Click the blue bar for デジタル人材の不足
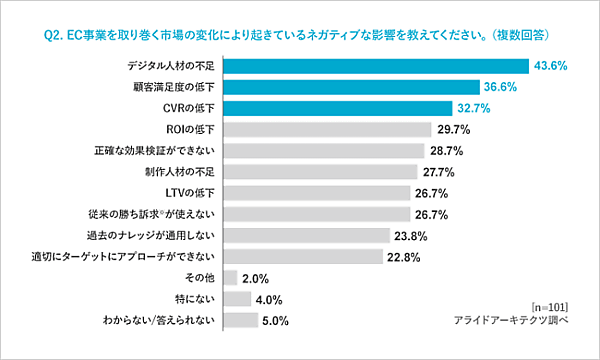tap(376, 66)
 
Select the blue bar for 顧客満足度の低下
tap(350, 87)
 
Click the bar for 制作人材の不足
tap(320, 172)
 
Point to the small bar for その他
tap(230, 277)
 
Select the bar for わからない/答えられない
tap(239, 320)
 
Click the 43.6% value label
tap(551, 66)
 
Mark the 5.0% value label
tap(274, 321)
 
